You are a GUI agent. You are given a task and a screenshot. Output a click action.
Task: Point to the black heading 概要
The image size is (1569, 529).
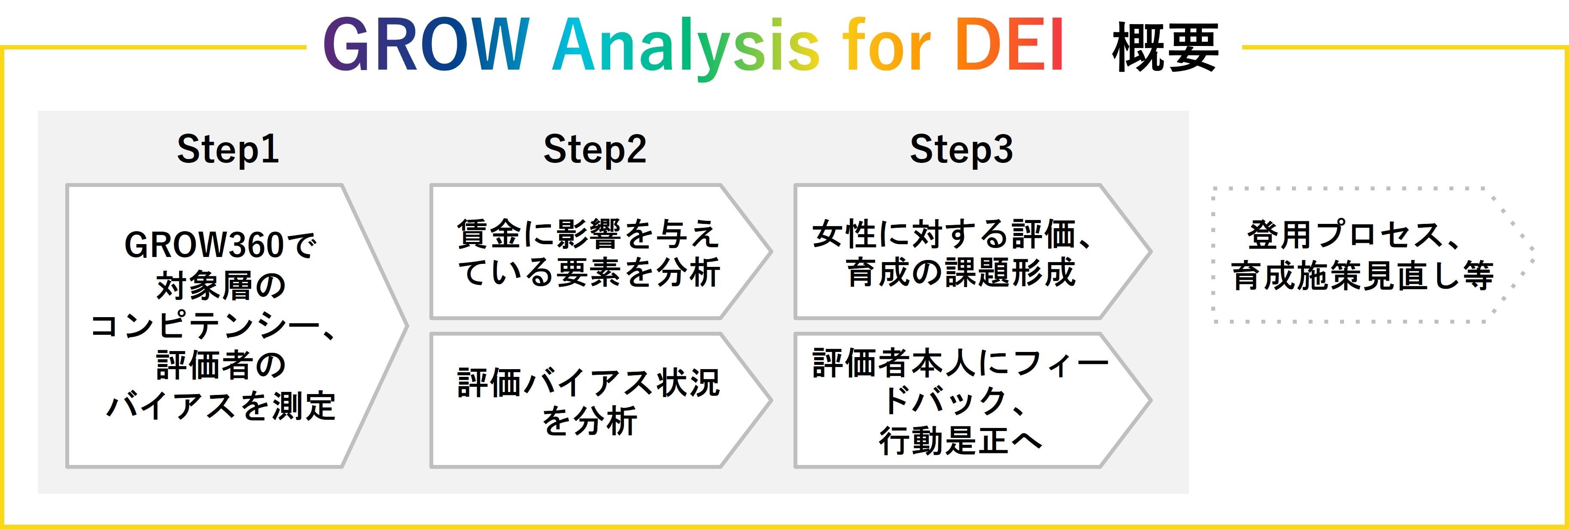coord(1165,48)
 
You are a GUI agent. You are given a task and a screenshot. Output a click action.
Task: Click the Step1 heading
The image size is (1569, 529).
coord(228,149)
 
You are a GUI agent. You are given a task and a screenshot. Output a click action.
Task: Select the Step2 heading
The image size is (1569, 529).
coord(594,149)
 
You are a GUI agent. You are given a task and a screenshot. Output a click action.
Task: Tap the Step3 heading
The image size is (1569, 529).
coord(961,149)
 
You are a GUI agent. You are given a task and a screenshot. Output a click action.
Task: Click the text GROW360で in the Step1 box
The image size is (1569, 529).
coord(220,245)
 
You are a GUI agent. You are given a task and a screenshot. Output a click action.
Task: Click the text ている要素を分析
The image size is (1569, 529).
coord(588,272)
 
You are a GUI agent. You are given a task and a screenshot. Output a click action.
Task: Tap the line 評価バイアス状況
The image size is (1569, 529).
coord(588,383)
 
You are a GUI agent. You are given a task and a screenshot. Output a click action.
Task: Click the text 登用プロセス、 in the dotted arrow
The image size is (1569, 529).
coord(1353,235)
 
